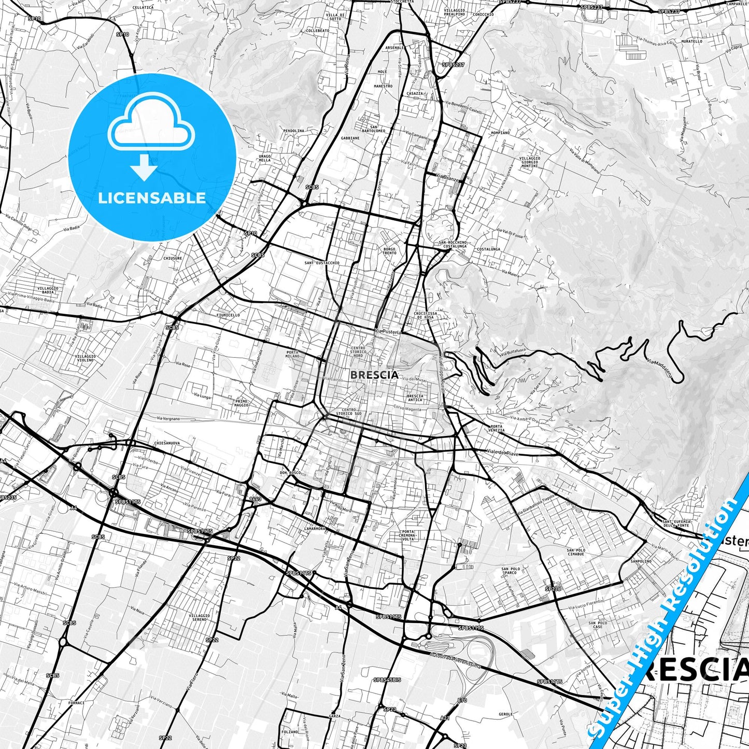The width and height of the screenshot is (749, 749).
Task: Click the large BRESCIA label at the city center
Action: [374, 374]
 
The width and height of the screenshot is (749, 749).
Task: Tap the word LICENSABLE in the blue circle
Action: [152, 198]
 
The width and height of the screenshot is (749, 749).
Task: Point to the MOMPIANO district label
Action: [500, 133]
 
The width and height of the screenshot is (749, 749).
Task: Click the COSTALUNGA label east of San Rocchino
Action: [489, 249]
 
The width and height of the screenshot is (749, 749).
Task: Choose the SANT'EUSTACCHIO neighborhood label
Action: [322, 263]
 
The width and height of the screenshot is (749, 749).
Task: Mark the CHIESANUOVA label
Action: [167, 443]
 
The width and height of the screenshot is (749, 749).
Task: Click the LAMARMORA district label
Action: [315, 529]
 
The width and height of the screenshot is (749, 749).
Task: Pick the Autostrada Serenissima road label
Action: [455, 660]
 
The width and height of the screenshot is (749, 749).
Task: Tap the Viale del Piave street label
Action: [502, 452]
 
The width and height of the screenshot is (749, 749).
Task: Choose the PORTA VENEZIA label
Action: [496, 428]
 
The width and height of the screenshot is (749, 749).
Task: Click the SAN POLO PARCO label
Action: [511, 571]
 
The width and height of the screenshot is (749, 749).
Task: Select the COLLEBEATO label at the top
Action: [317, 31]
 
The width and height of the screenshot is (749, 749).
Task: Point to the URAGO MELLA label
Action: [264, 158]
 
